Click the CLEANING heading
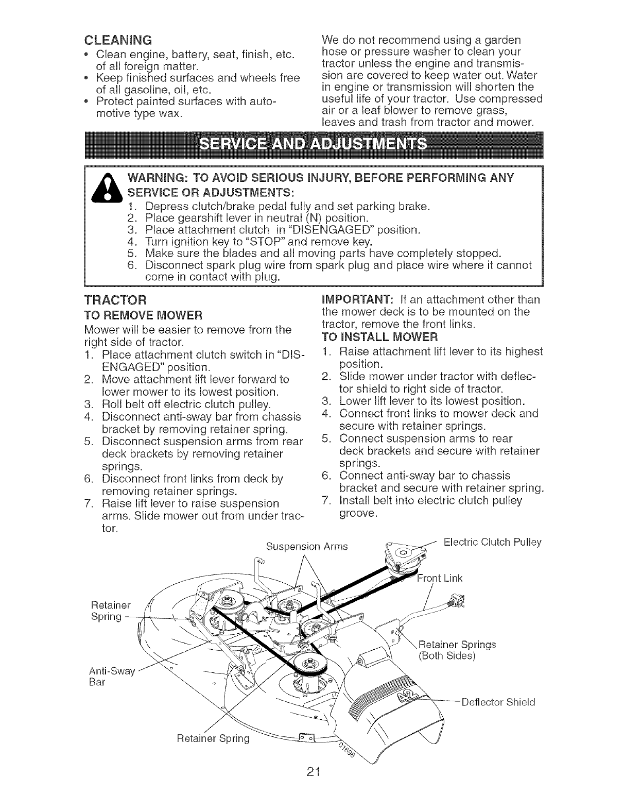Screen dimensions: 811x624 117,40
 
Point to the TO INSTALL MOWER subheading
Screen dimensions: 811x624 378,338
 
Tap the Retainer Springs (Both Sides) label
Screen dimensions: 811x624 457,650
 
